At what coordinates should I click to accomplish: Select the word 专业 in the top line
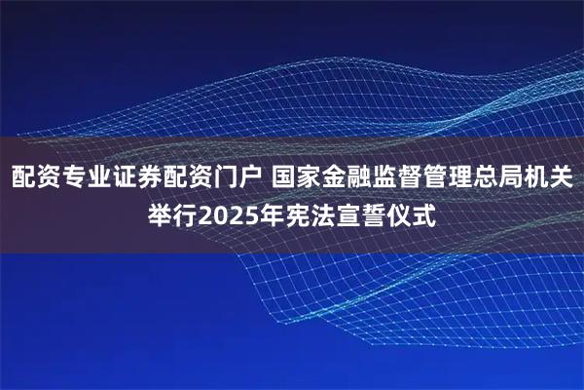point(84,178)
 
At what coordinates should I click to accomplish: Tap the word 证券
point(134,178)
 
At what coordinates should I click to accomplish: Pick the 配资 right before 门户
point(185,178)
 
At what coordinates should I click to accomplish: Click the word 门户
point(236,178)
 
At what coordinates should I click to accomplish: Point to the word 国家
point(297,178)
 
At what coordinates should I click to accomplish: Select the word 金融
point(347,178)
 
